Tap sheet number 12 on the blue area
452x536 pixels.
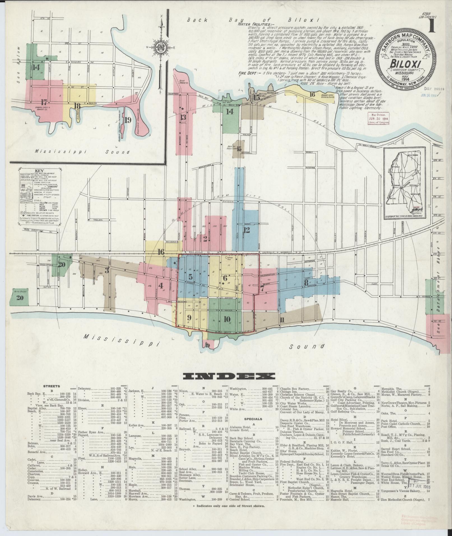point(246,230)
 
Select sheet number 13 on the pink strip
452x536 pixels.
point(183,117)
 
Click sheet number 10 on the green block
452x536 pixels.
point(227,319)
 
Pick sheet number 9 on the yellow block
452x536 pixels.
point(189,317)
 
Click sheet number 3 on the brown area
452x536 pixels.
point(107,271)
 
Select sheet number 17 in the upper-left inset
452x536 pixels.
point(43,101)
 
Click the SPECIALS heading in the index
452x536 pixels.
point(253,419)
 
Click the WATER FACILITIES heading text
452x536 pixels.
point(256,24)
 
